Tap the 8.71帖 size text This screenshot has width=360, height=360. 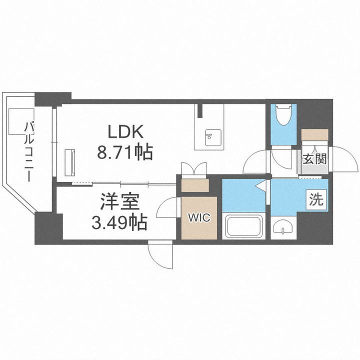(x=125, y=152)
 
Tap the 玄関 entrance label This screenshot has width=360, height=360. (x=315, y=160)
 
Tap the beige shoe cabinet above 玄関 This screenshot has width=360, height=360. (x=314, y=135)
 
